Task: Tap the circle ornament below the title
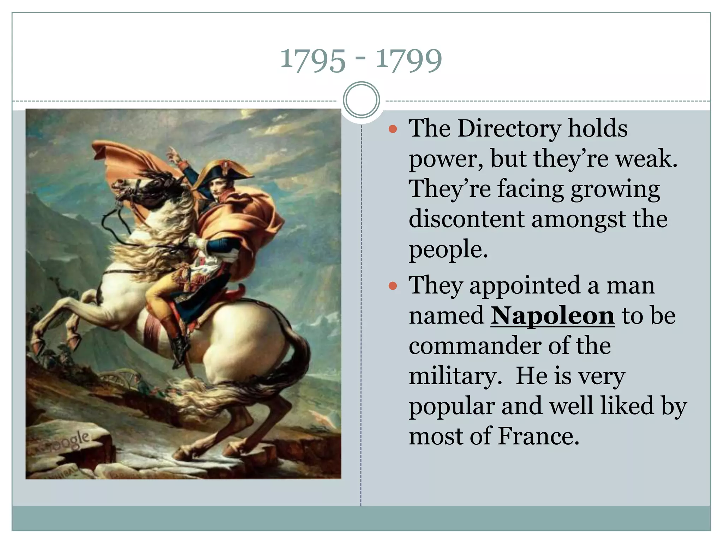tap(361, 100)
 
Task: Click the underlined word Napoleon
tap(552, 315)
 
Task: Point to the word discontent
tap(466, 219)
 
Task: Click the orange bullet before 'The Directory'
tap(393, 129)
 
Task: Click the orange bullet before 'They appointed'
tap(393, 286)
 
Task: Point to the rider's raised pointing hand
tap(173, 153)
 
